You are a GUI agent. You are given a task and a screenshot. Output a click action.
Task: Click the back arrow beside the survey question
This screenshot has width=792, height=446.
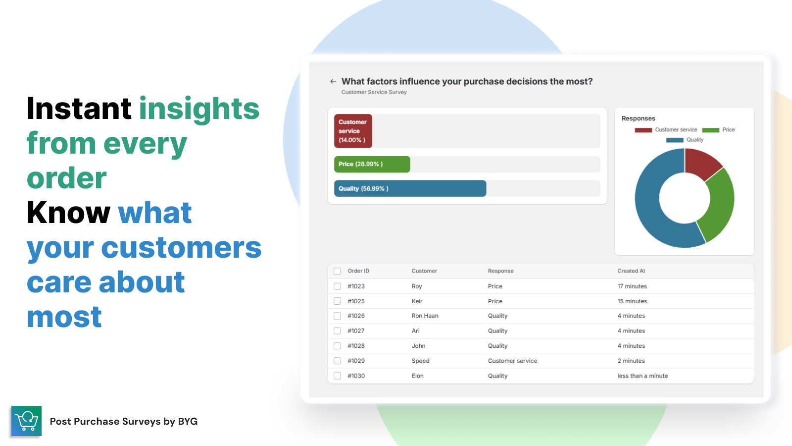tap(333, 81)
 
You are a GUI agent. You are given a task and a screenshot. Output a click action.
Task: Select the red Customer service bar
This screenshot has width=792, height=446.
tap(353, 131)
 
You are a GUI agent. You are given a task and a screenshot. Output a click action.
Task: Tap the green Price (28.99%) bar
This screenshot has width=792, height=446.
tap(372, 164)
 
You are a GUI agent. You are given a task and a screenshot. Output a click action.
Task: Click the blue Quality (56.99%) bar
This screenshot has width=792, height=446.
tap(410, 189)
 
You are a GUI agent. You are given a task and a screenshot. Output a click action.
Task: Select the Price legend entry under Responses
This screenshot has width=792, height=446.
tap(718, 130)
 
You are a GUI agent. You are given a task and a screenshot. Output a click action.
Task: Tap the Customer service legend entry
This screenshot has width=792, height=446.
tap(666, 130)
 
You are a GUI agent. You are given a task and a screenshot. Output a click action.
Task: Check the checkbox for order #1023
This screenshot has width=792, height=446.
tap(337, 286)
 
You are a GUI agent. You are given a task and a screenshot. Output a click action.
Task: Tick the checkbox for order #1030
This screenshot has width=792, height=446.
tap(337, 376)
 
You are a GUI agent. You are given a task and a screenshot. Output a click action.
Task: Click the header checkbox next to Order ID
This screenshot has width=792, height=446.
tap(337, 271)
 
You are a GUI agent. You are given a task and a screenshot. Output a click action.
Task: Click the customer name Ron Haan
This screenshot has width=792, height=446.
tap(425, 316)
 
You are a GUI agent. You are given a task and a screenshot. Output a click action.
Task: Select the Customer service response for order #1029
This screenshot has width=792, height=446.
tap(512, 361)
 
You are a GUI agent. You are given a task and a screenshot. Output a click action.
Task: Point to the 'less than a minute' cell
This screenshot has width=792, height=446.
tap(643, 376)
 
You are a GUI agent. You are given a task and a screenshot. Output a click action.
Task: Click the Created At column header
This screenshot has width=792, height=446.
tap(631, 271)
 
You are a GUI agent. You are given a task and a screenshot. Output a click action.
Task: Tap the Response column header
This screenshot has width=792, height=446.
tap(500, 271)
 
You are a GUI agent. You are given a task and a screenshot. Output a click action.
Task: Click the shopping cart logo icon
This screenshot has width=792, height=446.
tap(27, 421)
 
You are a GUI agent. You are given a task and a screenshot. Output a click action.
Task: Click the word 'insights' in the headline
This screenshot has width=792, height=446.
tap(199, 109)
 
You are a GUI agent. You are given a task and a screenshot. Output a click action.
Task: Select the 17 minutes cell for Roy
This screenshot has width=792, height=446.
tap(632, 286)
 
